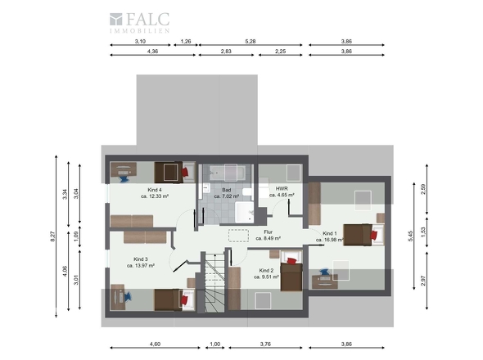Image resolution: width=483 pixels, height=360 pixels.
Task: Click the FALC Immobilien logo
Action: (139, 22)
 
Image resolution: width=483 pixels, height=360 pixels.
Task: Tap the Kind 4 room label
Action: (155, 190)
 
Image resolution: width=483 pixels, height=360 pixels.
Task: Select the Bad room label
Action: (227, 190)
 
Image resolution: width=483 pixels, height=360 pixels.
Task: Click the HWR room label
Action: (282, 188)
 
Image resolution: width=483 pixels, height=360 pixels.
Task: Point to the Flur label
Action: (268, 232)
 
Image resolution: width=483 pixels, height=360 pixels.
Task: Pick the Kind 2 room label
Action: (266, 270)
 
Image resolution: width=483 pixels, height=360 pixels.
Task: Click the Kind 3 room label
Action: (141, 259)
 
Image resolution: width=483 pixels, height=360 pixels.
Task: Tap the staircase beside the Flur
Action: (215, 282)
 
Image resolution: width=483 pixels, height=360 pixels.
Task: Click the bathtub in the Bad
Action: (228, 173)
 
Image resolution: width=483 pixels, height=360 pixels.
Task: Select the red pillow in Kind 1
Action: (373, 235)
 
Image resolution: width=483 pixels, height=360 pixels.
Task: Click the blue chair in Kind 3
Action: (128, 296)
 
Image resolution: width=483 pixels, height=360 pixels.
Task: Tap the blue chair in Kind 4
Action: (124, 179)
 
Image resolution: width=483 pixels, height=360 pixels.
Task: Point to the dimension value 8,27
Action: (52, 236)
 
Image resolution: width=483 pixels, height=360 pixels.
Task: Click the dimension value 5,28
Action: (251, 41)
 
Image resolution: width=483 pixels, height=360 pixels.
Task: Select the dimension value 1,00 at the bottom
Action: (215, 344)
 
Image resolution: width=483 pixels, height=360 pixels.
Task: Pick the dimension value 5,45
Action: (410, 236)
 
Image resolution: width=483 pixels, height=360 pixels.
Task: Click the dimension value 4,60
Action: (155, 344)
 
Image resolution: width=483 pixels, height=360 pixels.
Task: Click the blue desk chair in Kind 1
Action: (324, 272)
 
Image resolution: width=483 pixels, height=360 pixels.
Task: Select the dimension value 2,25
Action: (280, 52)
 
